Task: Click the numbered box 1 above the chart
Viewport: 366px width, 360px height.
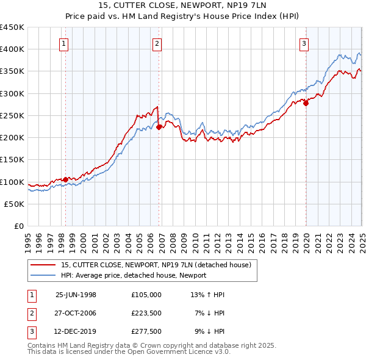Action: pos(64,43)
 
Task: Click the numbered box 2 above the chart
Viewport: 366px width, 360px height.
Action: pos(157,43)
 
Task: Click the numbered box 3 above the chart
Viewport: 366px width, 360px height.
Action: pos(304,43)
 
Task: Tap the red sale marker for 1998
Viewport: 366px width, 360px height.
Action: pos(65,179)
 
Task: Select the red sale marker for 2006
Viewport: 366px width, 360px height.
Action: pos(159,128)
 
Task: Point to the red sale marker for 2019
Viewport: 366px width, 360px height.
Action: pos(306,103)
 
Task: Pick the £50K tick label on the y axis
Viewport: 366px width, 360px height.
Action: pos(14,204)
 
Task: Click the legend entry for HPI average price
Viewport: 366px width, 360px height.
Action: pos(134,275)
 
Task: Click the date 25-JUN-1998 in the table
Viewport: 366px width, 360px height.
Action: pos(76,294)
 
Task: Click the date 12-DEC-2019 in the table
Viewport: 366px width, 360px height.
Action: pos(76,332)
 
